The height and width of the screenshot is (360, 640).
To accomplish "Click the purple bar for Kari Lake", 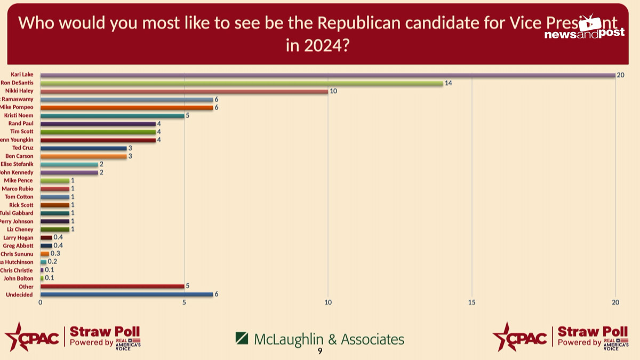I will click(x=328, y=75).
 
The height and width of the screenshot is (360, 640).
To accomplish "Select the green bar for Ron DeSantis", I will click(x=242, y=83).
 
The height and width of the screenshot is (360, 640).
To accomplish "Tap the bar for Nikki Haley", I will click(x=184, y=91).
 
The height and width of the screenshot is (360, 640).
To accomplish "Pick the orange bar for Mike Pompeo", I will click(x=126, y=108).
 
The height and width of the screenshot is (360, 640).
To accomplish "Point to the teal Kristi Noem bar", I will click(x=112, y=116).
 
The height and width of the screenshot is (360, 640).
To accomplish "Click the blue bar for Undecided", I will click(x=126, y=294).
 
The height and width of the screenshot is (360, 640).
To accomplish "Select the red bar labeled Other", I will click(x=112, y=286).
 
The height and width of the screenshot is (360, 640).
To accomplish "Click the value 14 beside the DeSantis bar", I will click(x=449, y=83).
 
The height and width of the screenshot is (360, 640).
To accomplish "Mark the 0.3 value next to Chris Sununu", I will click(x=55, y=254).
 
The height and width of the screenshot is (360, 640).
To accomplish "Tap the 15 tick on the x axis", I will click(x=472, y=303).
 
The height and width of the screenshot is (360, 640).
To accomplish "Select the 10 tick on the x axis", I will click(x=328, y=303).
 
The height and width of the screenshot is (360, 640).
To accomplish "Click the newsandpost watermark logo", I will click(x=584, y=29).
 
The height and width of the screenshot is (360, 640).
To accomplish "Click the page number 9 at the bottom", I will click(x=320, y=351).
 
